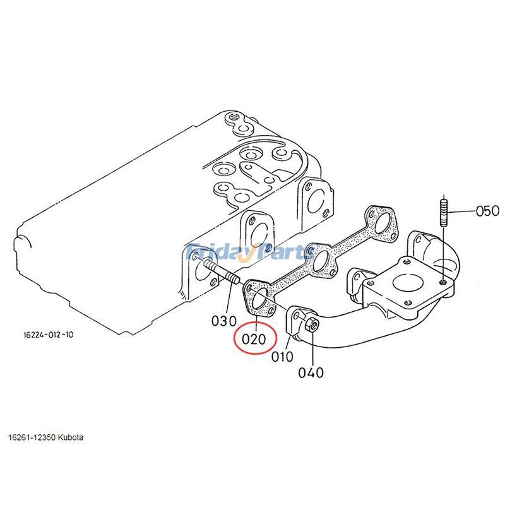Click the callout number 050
pos(487,211)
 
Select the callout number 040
pos(311,372)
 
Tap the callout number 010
pos(282,357)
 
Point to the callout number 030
pos(223,320)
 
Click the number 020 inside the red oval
pos(254,339)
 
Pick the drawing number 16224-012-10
pos(45,335)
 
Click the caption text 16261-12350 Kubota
pos(45,437)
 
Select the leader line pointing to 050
pos(461,211)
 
